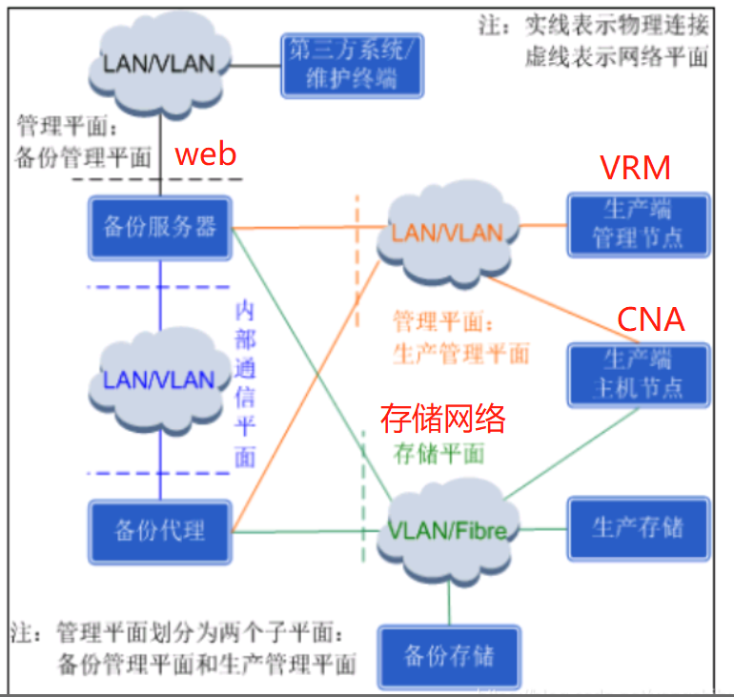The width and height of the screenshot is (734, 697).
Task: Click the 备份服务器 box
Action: pyautogui.click(x=160, y=229)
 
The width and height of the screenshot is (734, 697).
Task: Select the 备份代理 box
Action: pyautogui.click(x=160, y=530)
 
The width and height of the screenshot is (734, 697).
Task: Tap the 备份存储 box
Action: pyautogui.click(x=449, y=656)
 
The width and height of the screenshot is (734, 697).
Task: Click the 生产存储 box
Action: pyautogui.click(x=638, y=527)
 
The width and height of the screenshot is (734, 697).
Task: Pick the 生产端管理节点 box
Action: pyautogui.click(x=638, y=224)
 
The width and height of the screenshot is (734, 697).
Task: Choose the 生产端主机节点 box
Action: pyautogui.click(x=638, y=373)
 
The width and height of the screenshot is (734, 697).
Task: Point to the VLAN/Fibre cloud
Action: pyautogui.click(x=447, y=530)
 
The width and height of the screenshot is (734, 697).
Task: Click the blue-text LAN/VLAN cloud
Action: pyautogui.click(x=159, y=379)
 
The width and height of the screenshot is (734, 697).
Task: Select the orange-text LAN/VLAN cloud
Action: pyautogui.click(x=446, y=233)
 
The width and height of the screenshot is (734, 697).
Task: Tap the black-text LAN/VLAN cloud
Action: pyautogui.click(x=158, y=65)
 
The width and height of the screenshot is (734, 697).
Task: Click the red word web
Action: pyautogui.click(x=207, y=154)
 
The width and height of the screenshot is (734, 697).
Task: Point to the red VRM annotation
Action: pyautogui.click(x=635, y=168)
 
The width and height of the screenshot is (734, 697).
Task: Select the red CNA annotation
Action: pyautogui.click(x=651, y=319)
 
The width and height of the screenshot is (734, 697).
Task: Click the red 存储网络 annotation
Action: pyautogui.click(x=442, y=418)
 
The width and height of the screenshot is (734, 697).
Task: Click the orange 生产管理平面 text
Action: pyautogui.click(x=460, y=354)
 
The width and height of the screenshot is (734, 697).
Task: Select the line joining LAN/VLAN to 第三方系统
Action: pyautogui.click(x=257, y=67)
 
